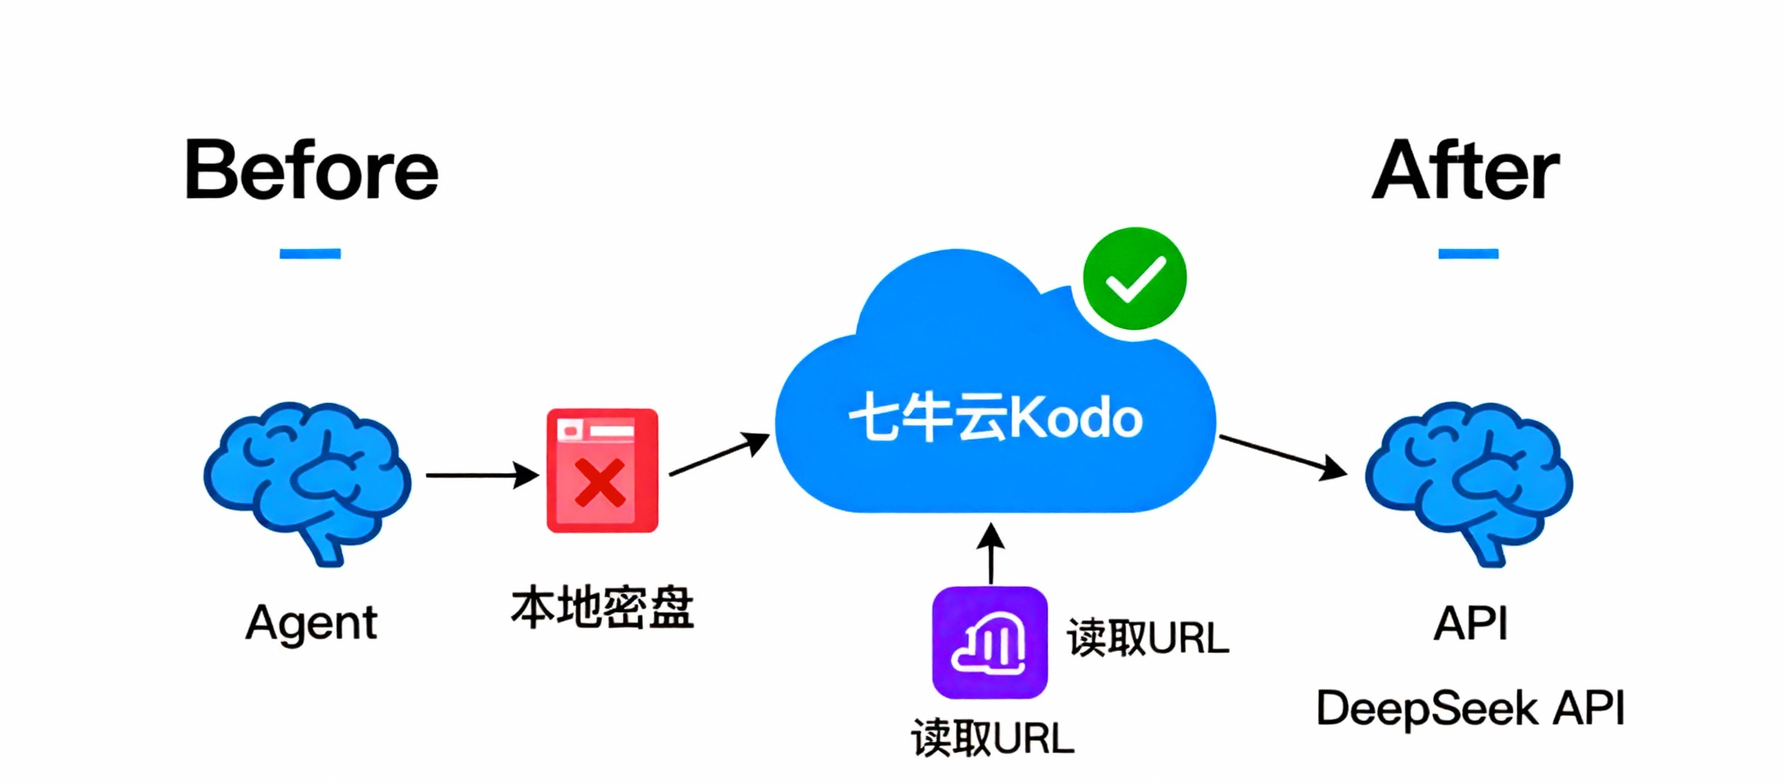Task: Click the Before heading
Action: (x=311, y=171)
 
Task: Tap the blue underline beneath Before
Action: (x=310, y=253)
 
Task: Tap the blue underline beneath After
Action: (x=1468, y=253)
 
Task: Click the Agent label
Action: (x=311, y=623)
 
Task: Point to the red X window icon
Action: (x=602, y=471)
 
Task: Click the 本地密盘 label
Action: (x=602, y=608)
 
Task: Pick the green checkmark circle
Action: (x=1134, y=278)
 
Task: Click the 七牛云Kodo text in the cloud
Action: (x=995, y=418)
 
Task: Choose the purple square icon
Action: (x=990, y=642)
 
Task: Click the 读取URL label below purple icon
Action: (x=993, y=738)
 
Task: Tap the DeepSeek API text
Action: (x=1470, y=708)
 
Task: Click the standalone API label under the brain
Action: (x=1470, y=623)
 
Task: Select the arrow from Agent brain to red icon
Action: (x=482, y=475)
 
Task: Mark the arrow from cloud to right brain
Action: (x=1282, y=456)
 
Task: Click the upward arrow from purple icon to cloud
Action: (x=991, y=554)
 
